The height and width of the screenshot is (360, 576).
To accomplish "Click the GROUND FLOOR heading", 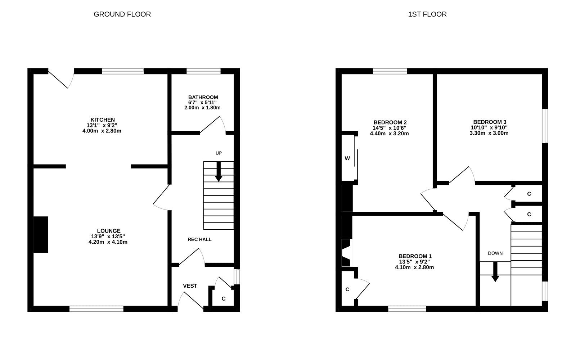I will pyautogui.click(x=122, y=14).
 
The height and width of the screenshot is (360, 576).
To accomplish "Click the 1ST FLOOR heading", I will pyautogui.click(x=427, y=14).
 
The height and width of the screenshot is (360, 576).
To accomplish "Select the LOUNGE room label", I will pyautogui.click(x=108, y=231).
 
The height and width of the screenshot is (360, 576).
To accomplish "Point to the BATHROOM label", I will pyautogui.click(x=203, y=97).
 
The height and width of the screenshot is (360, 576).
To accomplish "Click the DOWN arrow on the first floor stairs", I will pyautogui.click(x=495, y=272).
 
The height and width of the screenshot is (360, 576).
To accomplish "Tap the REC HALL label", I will pyautogui.click(x=199, y=239).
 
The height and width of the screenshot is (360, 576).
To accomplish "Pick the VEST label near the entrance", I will pyautogui.click(x=190, y=286).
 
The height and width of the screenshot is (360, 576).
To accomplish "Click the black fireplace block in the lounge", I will pyautogui.click(x=41, y=234).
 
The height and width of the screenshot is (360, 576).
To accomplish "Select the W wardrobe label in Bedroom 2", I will pyautogui.click(x=347, y=158).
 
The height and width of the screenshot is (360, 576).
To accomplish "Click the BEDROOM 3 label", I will pyautogui.click(x=490, y=122).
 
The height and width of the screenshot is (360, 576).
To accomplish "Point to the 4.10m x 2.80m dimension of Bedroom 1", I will pyautogui.click(x=414, y=267).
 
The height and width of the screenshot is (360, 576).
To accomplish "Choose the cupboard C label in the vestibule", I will pyautogui.click(x=224, y=298).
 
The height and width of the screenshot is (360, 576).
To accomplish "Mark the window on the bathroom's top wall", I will pyautogui.click(x=203, y=71).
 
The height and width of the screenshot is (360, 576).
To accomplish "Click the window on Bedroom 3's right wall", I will pyautogui.click(x=545, y=126).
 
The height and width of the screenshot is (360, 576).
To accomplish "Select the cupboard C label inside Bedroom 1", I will pyautogui.click(x=347, y=289).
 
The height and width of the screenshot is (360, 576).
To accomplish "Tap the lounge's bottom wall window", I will pyautogui.click(x=96, y=309).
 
